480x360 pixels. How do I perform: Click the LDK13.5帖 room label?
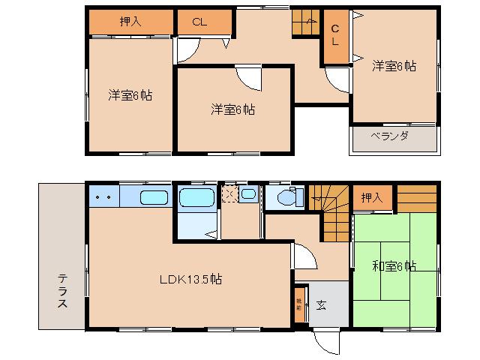190,279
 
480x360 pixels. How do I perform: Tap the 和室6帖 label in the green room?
394,265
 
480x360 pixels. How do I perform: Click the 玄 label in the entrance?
320,304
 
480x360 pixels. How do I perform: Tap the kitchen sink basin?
154,198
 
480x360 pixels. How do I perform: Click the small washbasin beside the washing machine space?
249,196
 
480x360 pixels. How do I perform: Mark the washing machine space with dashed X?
229,196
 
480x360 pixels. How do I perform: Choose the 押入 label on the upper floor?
130,22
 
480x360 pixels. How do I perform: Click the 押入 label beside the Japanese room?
371,197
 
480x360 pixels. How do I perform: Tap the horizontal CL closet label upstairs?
199,22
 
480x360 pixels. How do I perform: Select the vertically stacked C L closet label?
335,34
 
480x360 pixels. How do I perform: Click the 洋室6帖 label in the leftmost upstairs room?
130,95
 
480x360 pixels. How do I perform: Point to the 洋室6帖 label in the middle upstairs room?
232,109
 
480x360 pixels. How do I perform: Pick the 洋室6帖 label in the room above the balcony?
394,66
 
